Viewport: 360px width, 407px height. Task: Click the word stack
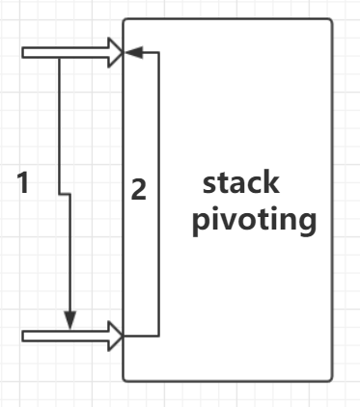tap(240, 183)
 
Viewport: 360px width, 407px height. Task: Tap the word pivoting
tap(253, 220)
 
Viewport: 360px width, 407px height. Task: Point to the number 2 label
tap(139, 191)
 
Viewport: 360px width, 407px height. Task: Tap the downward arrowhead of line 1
tap(69, 320)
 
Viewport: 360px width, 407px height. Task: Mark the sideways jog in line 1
tap(65, 195)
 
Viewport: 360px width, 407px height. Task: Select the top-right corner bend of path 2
tap(158, 52)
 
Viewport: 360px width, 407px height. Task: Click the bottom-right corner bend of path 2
tap(158, 336)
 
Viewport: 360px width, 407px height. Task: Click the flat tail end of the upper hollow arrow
tap(23, 52)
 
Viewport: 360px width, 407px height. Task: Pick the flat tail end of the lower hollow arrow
tap(23, 336)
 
